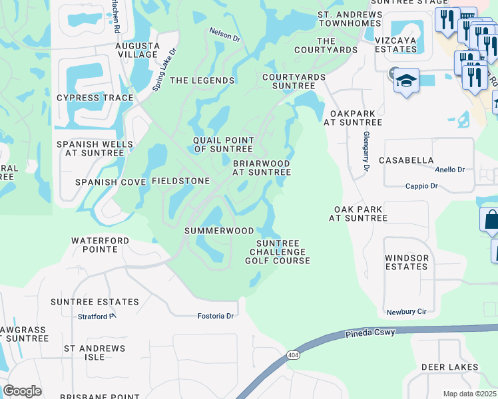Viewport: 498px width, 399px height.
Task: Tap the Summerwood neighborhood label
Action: click(219, 231)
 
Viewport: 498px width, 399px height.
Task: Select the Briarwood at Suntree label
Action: click(261, 168)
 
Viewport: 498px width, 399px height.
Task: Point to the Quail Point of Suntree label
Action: click(224, 144)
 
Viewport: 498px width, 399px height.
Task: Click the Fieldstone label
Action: click(181, 181)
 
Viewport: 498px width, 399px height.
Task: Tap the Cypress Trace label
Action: click(95, 98)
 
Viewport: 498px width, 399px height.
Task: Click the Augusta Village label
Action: click(138, 51)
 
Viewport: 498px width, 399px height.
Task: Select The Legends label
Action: click(202, 80)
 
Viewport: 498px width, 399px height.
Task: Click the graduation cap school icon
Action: click(406, 81)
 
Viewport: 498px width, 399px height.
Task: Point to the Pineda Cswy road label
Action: click(371, 332)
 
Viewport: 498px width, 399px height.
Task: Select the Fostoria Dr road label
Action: click(216, 316)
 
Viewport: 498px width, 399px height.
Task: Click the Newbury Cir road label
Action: click(405, 311)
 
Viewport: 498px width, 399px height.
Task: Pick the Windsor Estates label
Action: click(406, 262)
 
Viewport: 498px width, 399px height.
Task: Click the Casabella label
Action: click(406, 160)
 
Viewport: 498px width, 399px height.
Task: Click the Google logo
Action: click(23, 391)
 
